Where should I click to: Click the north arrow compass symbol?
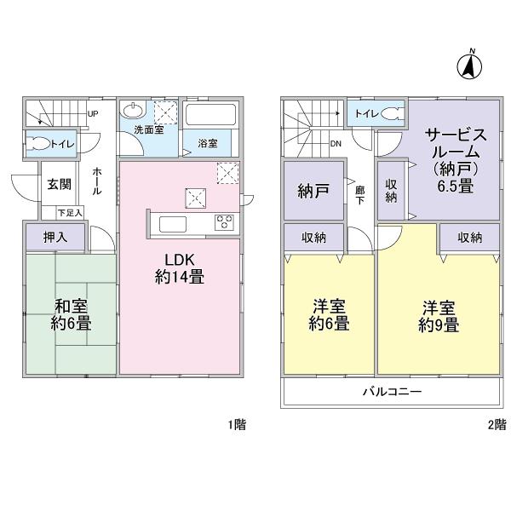(467, 64)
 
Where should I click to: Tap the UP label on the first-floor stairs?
(92, 113)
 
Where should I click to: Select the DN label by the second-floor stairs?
(337, 143)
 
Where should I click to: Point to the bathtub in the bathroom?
(213, 117)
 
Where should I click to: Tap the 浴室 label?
(209, 142)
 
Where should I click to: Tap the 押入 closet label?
(55, 238)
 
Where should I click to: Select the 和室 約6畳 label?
(71, 314)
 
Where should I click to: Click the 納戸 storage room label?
(313, 192)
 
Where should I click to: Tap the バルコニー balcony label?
(391, 393)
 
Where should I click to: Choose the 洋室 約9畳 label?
(439, 314)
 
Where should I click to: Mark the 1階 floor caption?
(238, 423)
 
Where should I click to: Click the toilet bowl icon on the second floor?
(391, 113)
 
